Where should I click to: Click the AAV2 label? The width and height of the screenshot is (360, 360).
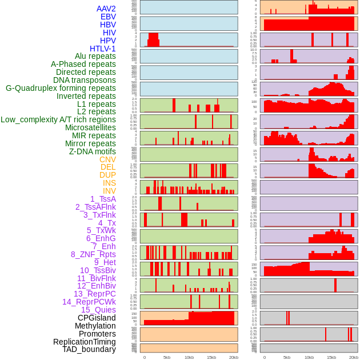click(x=106, y=9)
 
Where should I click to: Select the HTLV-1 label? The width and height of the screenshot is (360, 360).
click(x=102, y=49)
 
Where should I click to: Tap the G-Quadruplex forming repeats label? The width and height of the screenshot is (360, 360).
click(x=61, y=88)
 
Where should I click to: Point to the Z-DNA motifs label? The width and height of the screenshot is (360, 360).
click(x=92, y=151)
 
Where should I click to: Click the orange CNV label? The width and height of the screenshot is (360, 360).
click(x=107, y=159)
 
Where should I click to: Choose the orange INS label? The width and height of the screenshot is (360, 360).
click(x=109, y=183)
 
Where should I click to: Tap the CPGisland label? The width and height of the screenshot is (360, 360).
click(x=97, y=318)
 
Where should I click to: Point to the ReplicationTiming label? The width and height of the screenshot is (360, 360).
click(x=84, y=342)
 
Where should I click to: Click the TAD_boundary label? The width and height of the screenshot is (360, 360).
click(x=89, y=349)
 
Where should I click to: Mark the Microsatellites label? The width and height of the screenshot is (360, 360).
click(x=90, y=127)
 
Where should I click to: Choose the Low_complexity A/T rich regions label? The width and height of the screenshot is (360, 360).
click(x=58, y=119)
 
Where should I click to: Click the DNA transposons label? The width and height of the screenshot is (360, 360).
click(x=85, y=80)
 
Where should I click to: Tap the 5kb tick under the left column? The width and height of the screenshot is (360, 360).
click(x=167, y=357)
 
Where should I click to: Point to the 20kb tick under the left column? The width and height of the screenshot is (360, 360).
click(x=233, y=357)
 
